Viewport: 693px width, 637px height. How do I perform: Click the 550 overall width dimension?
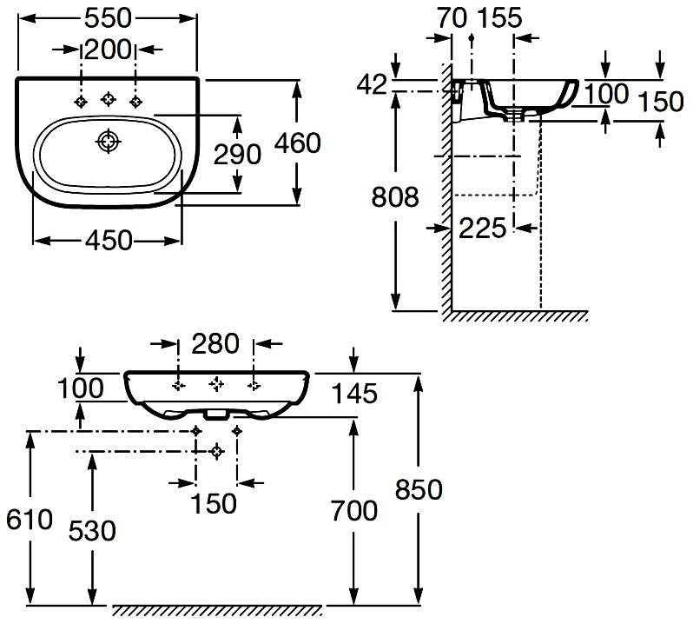[x=109, y=17]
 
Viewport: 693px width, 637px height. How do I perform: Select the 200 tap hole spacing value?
[x=108, y=50]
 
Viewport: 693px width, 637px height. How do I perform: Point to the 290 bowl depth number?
[x=237, y=154]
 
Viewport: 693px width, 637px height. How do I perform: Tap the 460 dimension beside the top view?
[x=297, y=143]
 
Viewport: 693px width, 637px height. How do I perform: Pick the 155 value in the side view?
[x=498, y=17]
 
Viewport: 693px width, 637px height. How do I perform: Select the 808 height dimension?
[x=395, y=197]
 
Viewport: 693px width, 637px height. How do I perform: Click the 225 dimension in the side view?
[x=482, y=228]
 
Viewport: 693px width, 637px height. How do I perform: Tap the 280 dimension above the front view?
[x=214, y=344]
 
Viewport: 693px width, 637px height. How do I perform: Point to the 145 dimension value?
[x=354, y=394]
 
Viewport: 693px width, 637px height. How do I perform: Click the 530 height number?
[x=92, y=529]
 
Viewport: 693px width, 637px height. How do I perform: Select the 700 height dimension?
[x=353, y=510]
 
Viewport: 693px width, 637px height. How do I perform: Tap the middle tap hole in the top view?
[x=109, y=100]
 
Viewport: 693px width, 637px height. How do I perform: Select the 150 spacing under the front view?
[x=213, y=502]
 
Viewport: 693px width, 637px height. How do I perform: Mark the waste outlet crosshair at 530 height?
[x=217, y=450]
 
